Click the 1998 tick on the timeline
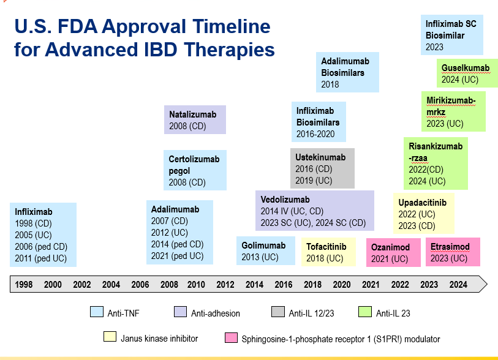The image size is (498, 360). click(24, 284)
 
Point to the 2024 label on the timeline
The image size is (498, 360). click(458, 284)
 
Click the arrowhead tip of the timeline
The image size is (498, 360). click(486, 283)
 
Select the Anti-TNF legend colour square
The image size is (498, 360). click(96, 312)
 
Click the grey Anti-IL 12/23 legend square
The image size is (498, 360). click(277, 312)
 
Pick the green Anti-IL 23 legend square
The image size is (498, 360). click(364, 312)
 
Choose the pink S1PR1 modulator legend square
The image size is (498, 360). click(231, 337)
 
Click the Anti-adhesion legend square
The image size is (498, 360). click(180, 312)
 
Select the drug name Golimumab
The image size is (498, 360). click(263, 246)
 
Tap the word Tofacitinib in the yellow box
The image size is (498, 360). click(326, 247)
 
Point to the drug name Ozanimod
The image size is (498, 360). click(391, 247)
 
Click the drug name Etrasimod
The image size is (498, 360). click(450, 247)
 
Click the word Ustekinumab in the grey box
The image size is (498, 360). click(320, 157)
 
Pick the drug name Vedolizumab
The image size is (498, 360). click(285, 200)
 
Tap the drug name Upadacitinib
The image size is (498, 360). click(423, 203)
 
